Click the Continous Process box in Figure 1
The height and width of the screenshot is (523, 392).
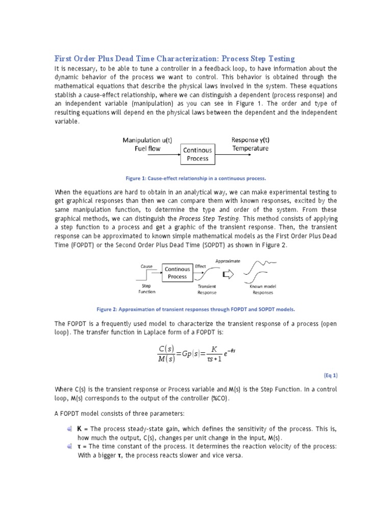click(198, 154)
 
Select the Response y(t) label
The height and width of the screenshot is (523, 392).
click(250, 139)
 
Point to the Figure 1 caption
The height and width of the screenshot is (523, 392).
click(196, 179)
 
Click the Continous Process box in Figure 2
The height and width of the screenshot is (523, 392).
click(178, 273)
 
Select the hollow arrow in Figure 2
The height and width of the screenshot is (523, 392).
click(229, 275)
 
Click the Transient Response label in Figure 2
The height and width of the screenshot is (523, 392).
click(207, 290)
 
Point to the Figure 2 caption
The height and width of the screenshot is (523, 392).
click(196, 309)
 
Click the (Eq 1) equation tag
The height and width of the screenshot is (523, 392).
click(330, 375)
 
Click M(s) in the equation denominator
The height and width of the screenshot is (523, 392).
click(166, 359)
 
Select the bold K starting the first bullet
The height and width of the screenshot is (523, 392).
click(80, 430)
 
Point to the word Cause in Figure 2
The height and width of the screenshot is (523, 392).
click(146, 267)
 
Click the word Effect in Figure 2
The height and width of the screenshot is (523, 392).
click(200, 266)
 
